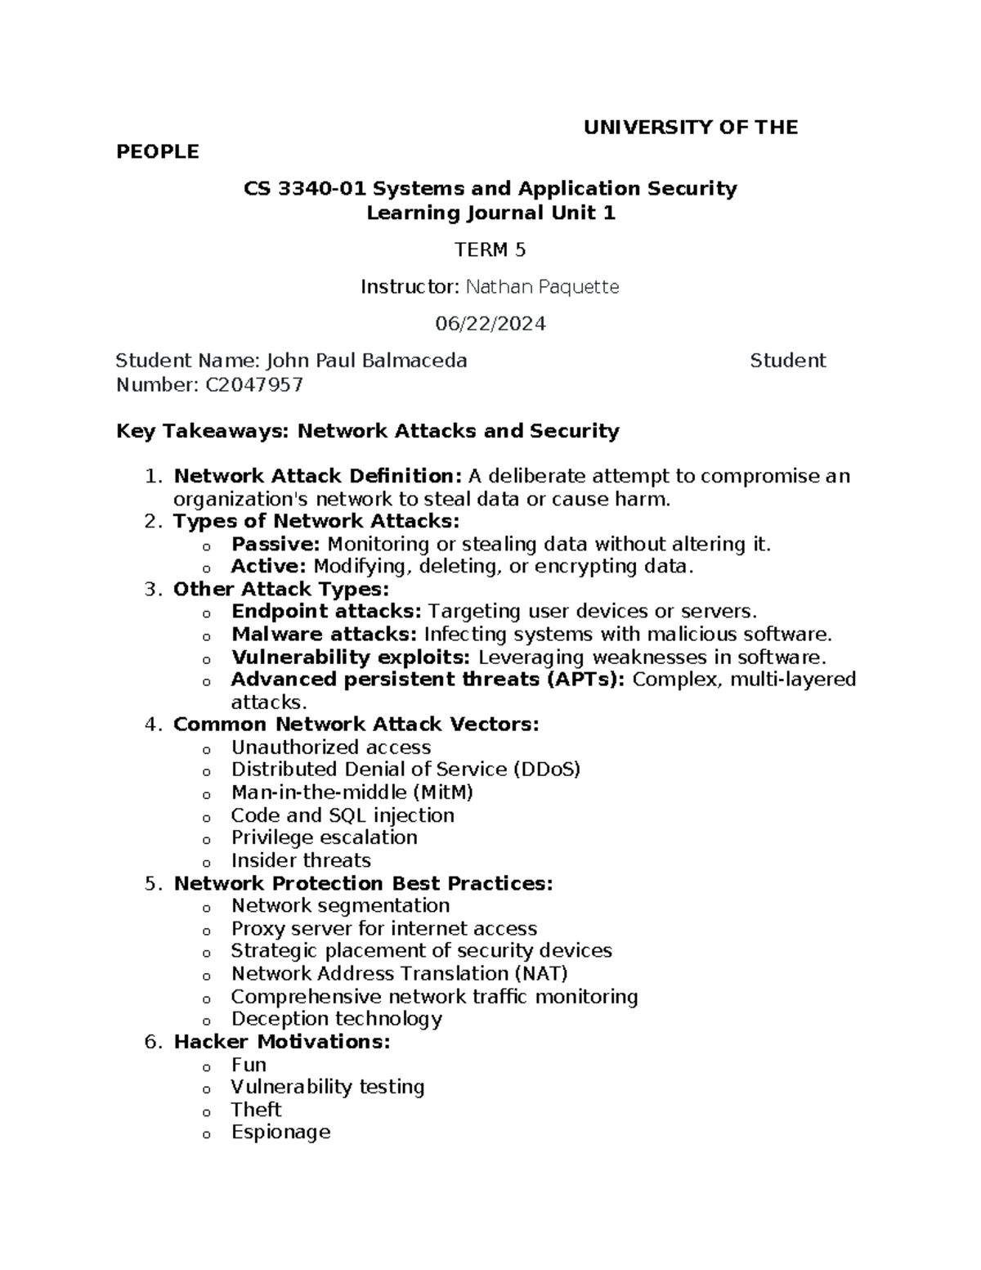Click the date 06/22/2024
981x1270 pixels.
(x=490, y=324)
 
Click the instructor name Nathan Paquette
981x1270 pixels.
(x=542, y=287)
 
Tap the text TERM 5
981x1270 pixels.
(x=490, y=250)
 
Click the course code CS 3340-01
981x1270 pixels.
(x=306, y=189)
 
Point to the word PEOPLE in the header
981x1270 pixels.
(x=158, y=152)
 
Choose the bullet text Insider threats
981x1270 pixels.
(x=301, y=860)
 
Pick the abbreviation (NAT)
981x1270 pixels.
(x=540, y=973)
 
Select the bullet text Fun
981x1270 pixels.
(x=249, y=1065)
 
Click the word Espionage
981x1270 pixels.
(x=280, y=1133)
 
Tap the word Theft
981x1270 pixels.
(x=256, y=1110)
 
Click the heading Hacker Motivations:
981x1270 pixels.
(x=282, y=1042)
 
